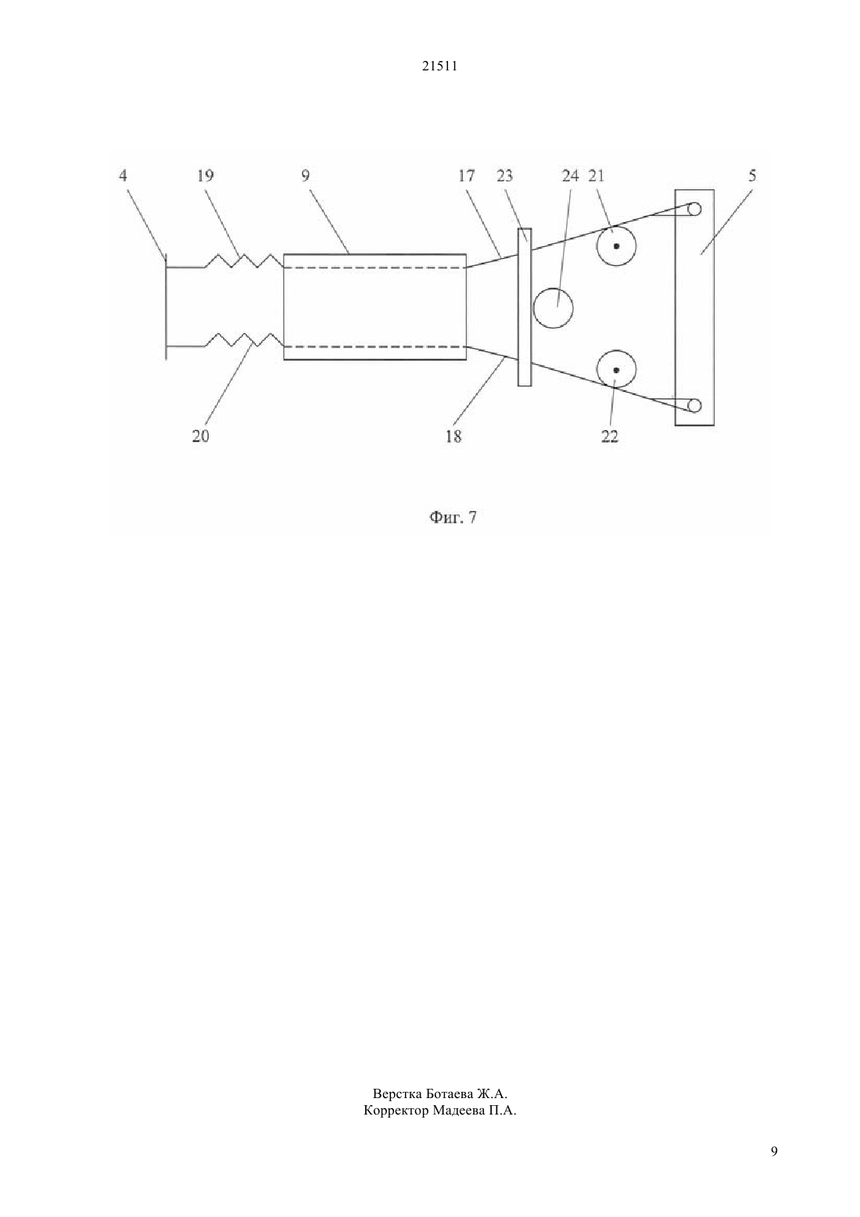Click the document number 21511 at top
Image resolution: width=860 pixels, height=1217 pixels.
(439, 66)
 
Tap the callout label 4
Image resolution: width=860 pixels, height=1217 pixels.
(124, 175)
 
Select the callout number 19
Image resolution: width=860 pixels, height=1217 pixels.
(205, 175)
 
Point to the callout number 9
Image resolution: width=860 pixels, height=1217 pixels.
(305, 175)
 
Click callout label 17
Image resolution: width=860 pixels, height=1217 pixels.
(467, 175)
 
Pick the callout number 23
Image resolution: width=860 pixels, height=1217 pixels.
(504, 175)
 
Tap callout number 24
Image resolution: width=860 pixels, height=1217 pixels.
(570, 175)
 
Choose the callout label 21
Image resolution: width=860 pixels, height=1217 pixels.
(596, 175)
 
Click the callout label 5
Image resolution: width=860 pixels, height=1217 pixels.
(752, 175)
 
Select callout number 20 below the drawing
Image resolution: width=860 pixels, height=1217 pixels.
(200, 436)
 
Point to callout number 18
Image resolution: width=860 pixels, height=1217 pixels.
(453, 436)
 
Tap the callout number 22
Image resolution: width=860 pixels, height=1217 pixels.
(610, 436)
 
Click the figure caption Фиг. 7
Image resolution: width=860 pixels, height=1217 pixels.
(453, 517)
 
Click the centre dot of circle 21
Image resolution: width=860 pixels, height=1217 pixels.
(616, 246)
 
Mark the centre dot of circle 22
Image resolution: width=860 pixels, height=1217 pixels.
(616, 370)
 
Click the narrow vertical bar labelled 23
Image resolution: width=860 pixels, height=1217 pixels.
(525, 307)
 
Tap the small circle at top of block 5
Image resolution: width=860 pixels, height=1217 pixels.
(694, 209)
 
